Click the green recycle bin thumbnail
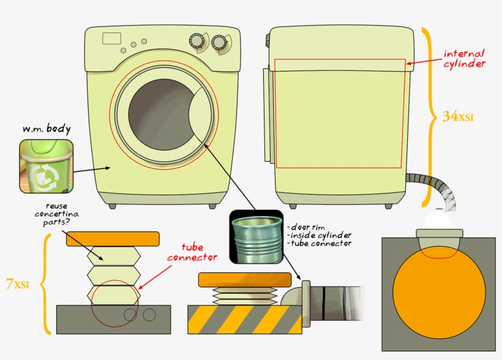(x=45, y=165)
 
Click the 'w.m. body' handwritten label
(x=47, y=129)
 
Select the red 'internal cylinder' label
(x=464, y=59)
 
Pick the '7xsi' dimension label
(x=18, y=284)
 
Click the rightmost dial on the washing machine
(x=219, y=42)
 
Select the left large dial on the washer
(x=197, y=41)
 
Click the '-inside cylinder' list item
(x=318, y=234)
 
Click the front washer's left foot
(x=112, y=206)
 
